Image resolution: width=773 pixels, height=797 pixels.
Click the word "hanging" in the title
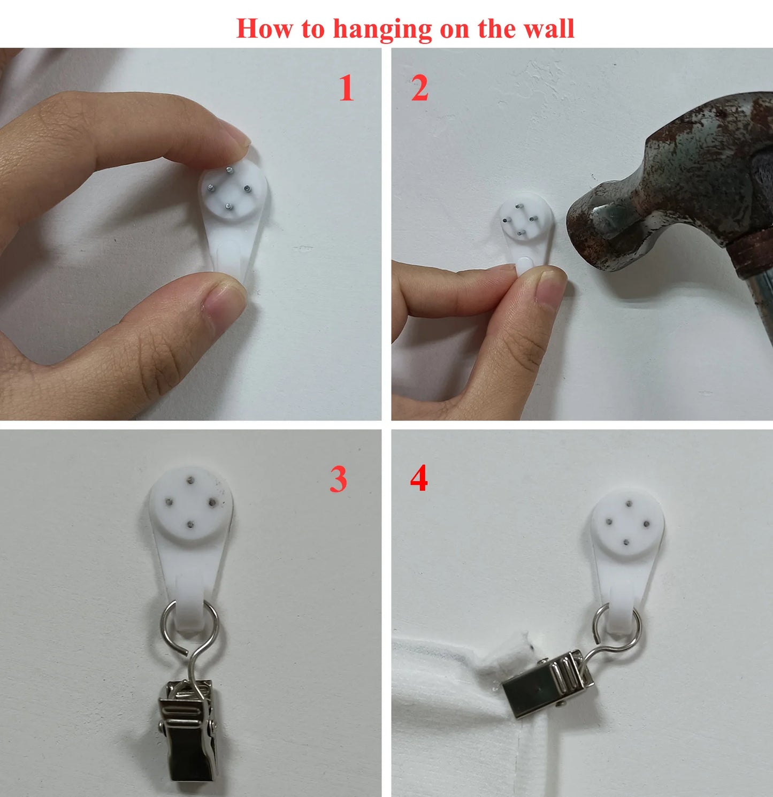coord(382,29)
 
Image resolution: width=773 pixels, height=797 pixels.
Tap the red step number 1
coord(347,88)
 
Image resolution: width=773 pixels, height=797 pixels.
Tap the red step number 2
coord(420,88)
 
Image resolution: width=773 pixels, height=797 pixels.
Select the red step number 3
coord(338,479)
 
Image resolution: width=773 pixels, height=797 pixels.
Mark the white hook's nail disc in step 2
coord(526,219)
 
